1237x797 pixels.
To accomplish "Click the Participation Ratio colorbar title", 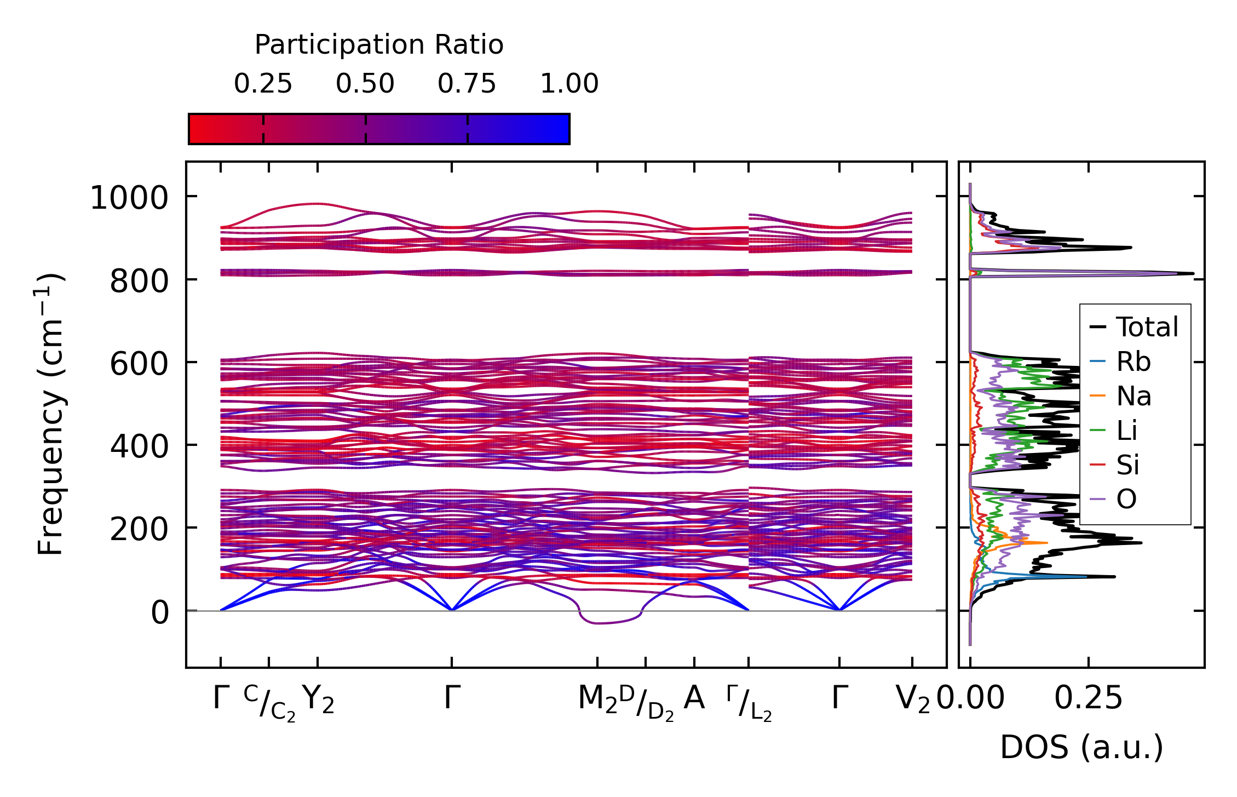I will [378, 45].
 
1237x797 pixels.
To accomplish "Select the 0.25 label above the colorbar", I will [263, 84].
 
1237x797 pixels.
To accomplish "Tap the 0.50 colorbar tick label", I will [365, 84].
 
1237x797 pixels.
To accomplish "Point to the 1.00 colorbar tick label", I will [569, 84].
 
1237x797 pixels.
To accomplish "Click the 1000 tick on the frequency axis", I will [129, 198].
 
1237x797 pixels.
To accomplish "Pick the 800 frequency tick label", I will [139, 282].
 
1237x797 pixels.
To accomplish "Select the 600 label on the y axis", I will [139, 364].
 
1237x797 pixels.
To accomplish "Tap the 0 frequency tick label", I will [160, 613].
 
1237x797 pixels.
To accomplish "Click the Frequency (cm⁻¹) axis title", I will [50, 414].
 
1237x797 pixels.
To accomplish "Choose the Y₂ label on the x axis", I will [318, 699].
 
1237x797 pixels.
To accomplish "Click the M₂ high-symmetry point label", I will [597, 699].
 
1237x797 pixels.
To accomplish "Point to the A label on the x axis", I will [694, 698].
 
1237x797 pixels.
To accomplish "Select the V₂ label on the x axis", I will [912, 699].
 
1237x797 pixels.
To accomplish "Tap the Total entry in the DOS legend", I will [1147, 328].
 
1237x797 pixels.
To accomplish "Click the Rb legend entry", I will [1133, 362].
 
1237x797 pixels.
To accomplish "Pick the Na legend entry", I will [1134, 397].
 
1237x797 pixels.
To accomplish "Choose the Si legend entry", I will [1127, 466].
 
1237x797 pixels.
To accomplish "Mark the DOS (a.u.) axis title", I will [1081, 748].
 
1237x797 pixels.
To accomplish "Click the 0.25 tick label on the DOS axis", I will [1088, 699].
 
